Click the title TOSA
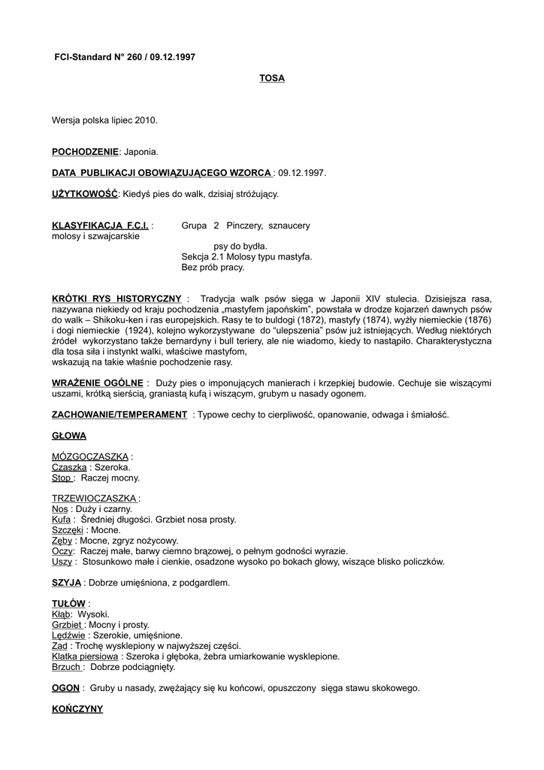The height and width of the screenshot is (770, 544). pos(272,78)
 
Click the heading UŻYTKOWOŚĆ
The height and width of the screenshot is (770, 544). pos(85,194)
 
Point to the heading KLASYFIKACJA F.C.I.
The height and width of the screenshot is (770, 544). pos(100,226)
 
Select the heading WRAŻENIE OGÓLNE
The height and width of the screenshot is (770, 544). pos(97,383)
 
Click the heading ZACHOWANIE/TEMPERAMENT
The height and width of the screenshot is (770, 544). pos(119,414)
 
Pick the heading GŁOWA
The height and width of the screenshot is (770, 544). pos(69,435)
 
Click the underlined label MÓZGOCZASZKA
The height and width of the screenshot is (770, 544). pos(90,456)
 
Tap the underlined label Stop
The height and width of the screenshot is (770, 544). pos(62,477)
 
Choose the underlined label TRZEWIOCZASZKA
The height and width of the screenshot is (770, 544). pos(95,499)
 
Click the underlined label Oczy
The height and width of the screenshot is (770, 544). pos(62,551)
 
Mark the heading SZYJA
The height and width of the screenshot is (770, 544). pos(66,583)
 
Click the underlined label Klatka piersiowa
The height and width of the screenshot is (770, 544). pos(86,656)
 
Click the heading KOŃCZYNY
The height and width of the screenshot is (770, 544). pos(77,709)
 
